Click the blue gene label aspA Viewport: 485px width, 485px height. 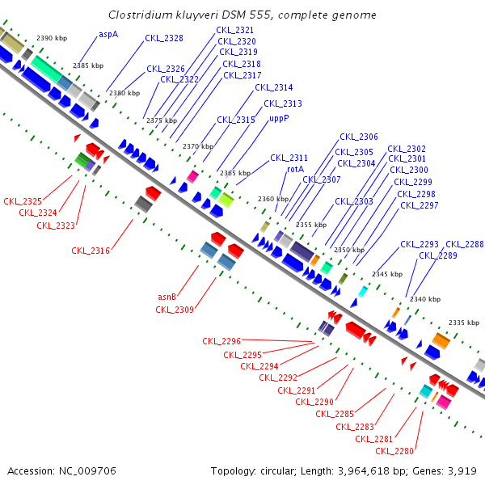coord(108,35)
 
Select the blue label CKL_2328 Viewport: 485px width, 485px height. coord(164,38)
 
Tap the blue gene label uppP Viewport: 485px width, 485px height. coord(279,118)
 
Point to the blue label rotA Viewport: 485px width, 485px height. coord(296,169)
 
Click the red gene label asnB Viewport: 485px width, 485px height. coord(167,297)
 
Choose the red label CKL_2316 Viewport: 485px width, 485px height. coord(91,251)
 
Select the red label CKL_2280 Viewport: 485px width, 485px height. coord(394,450)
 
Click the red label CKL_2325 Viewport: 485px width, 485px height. coord(23,200)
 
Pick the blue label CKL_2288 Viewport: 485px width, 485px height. coord(465,244)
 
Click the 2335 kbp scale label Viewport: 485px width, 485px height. coord(464,322)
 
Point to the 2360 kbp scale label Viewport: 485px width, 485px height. coord(273,199)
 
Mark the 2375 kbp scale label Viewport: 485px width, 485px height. coord(160,120)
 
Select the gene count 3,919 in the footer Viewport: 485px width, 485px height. coord(462,470)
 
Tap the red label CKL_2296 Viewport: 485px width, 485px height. coord(221,342)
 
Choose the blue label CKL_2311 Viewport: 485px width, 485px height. coord(289,158)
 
